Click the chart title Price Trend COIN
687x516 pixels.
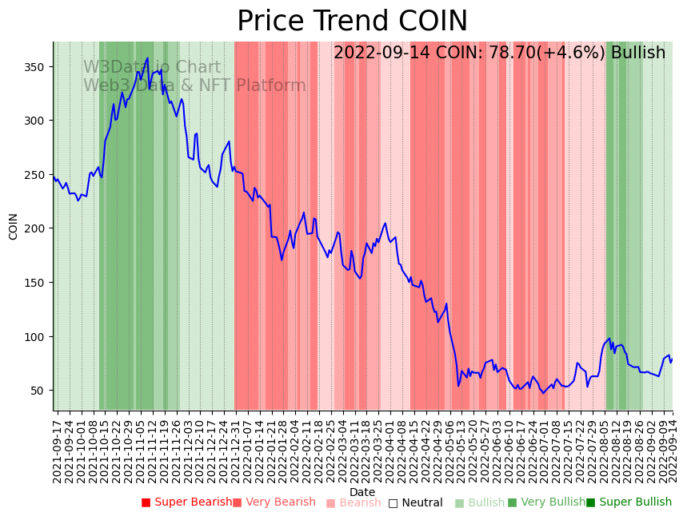pyautogui.click(x=352, y=22)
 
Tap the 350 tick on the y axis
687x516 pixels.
pyautogui.click(x=38, y=66)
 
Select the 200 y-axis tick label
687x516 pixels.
pyautogui.click(x=38, y=228)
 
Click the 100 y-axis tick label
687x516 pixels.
pyautogui.click(x=38, y=336)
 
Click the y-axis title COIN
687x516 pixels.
pyautogui.click(x=13, y=226)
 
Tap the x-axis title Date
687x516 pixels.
pyautogui.click(x=362, y=492)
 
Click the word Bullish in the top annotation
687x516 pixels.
pyautogui.click(x=637, y=53)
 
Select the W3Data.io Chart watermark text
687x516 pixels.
pyautogui.click(x=152, y=67)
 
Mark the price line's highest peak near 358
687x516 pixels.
pyautogui.click(x=148, y=58)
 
